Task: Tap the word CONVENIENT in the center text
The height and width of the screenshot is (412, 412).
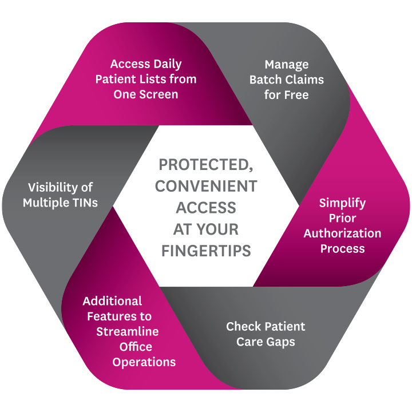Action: point(206,187)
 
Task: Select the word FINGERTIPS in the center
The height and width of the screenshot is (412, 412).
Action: point(206,251)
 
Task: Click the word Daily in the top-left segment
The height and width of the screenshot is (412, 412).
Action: point(165,64)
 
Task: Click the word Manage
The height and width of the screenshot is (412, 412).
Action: point(287,64)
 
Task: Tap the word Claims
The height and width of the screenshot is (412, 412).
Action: point(304,80)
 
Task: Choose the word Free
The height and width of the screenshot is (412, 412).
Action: point(296,95)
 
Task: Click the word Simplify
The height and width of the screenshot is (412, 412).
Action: point(342,203)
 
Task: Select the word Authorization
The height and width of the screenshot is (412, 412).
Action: point(342,233)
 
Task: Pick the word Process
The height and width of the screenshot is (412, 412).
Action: point(342,249)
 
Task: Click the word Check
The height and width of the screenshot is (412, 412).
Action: point(243,327)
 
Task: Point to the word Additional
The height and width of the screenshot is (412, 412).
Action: point(112,301)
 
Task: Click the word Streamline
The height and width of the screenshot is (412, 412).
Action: point(127,332)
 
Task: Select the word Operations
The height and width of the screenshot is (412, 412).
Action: point(144,362)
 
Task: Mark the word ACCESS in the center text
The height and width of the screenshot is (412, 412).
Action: point(206,208)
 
